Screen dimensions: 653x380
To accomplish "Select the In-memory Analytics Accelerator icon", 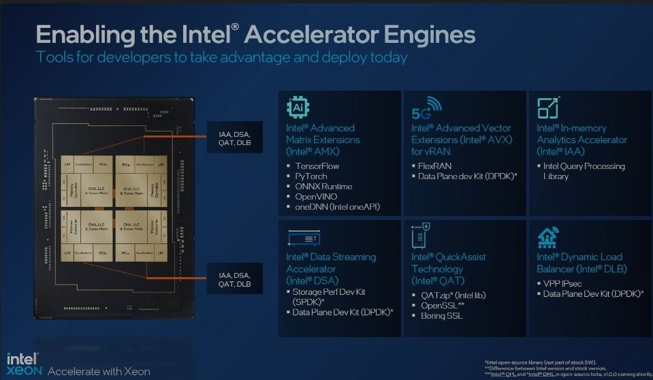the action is [x=548, y=108].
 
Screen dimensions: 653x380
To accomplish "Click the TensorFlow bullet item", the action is [x=317, y=166].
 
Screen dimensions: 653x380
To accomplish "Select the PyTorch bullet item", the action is [x=312, y=176].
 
